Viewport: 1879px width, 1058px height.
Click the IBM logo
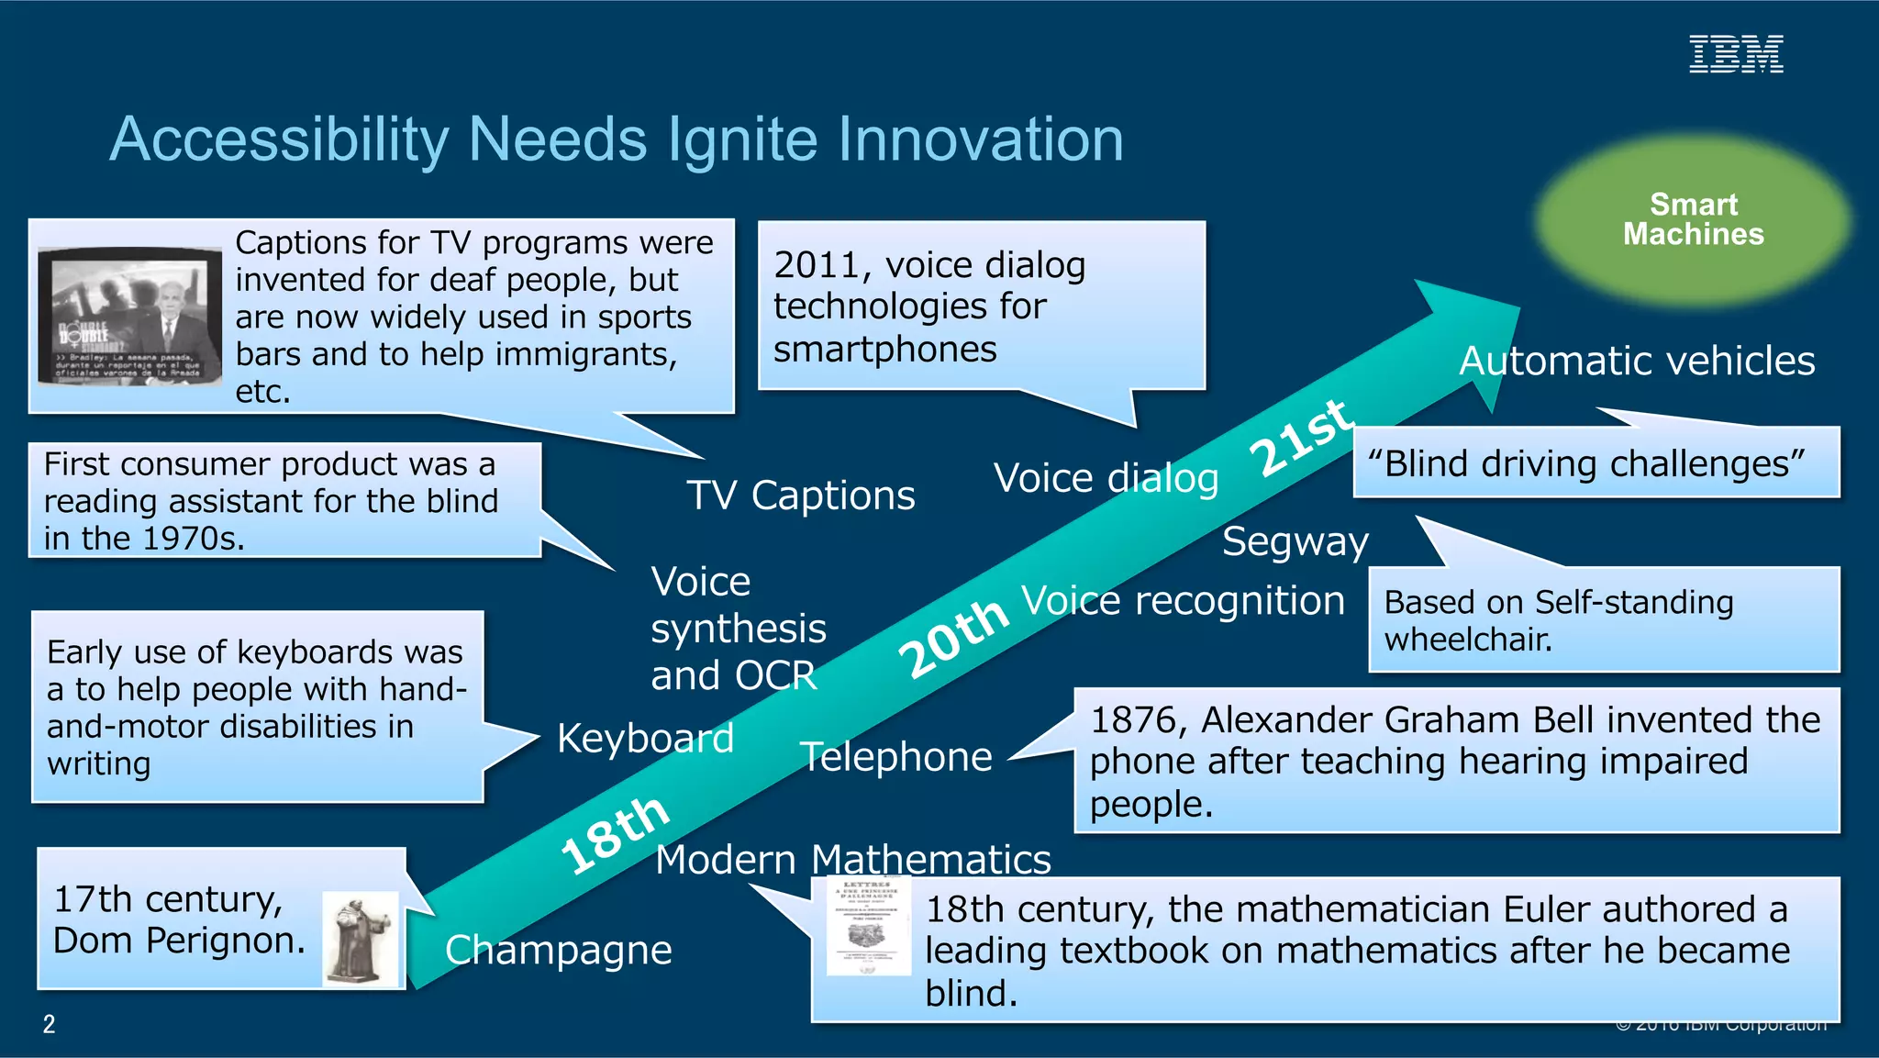(x=1736, y=54)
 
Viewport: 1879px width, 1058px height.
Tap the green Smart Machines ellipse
(x=1693, y=220)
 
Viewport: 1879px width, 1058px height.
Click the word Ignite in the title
(x=744, y=139)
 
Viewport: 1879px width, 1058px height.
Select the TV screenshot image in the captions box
(x=128, y=315)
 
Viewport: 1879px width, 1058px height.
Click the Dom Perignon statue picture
(x=360, y=938)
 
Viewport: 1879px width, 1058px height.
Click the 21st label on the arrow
(x=1301, y=439)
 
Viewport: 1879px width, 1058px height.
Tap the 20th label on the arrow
(x=954, y=637)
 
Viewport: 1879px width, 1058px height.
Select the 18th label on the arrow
(x=615, y=833)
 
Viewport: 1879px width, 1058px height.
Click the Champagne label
(x=558, y=951)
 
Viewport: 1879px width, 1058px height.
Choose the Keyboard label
(x=645, y=739)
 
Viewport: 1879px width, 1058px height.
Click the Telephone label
(x=896, y=757)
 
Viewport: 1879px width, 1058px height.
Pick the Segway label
(x=1295, y=541)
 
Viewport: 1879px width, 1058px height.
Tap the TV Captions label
(x=800, y=496)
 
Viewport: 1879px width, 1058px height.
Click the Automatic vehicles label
(x=1637, y=361)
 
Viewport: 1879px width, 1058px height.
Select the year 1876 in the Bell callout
(x=1136, y=720)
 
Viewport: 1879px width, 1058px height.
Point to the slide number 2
(x=50, y=1024)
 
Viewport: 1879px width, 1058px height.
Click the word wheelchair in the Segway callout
(x=1467, y=640)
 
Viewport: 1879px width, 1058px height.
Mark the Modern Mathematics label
(x=852, y=860)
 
